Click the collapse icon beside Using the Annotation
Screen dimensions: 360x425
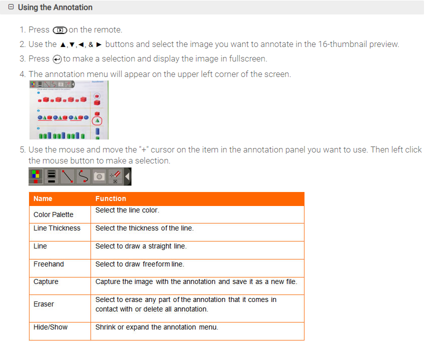[x=11, y=7]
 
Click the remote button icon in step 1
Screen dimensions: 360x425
[x=59, y=30]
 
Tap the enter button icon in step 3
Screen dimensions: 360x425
[x=57, y=59]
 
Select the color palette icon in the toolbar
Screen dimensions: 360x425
[x=36, y=176]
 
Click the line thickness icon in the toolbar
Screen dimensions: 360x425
[x=51, y=176]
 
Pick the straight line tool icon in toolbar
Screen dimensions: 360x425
[x=67, y=176]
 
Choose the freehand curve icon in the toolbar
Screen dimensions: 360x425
[x=83, y=176]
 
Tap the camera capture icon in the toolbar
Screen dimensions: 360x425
[x=99, y=176]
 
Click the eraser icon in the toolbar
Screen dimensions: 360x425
[x=115, y=176]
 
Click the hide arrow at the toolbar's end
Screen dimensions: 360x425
[x=127, y=176]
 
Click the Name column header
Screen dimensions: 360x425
[x=43, y=198]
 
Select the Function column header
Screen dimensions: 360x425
[x=110, y=198]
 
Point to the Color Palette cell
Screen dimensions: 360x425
[x=53, y=214]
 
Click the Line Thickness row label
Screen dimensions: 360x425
[x=57, y=228]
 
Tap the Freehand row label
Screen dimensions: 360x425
[x=48, y=264]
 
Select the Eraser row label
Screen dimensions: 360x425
[x=43, y=304]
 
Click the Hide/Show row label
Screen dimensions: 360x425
[x=50, y=327]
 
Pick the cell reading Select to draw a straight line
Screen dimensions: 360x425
[x=141, y=246]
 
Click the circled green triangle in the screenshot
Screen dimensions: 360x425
[x=97, y=120]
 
